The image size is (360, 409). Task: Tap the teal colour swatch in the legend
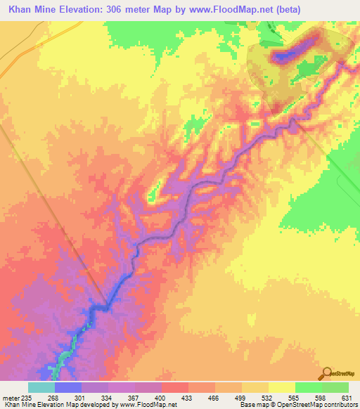click(41, 388)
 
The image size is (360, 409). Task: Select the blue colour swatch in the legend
click(67, 388)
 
